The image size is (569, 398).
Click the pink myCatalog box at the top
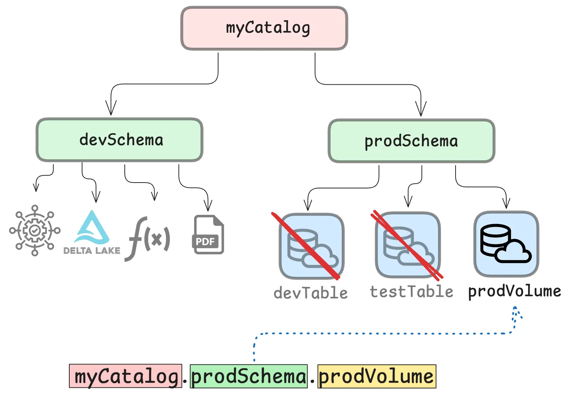(264, 28)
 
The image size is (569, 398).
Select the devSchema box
(120, 140)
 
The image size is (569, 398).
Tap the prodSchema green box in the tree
(411, 141)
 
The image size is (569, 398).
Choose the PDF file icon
(208, 235)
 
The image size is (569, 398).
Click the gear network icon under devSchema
(35, 230)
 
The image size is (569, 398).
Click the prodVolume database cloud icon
(506, 244)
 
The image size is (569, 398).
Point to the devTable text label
(311, 293)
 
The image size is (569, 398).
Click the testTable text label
(411, 292)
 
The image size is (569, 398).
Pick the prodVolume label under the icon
(514, 291)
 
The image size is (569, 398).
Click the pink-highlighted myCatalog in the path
(125, 376)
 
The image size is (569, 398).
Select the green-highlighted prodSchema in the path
(249, 376)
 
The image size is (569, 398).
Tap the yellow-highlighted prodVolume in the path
(376, 376)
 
